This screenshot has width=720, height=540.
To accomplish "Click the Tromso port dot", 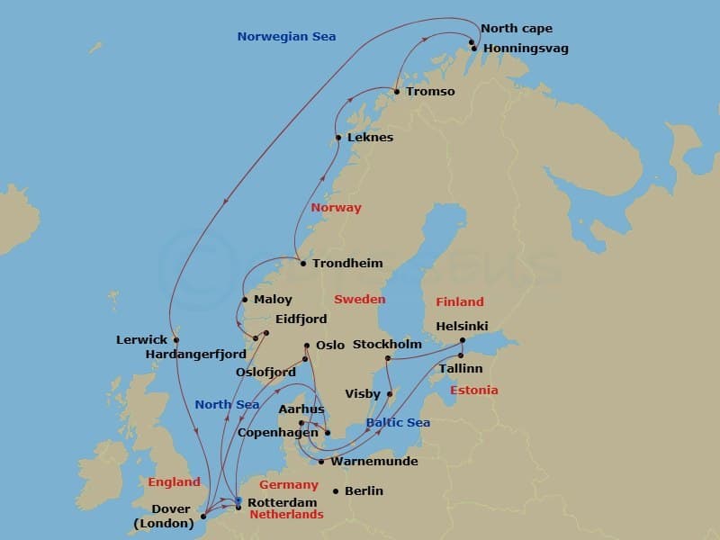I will pyautogui.click(x=396, y=91).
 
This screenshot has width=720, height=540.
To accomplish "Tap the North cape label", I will pyautogui.click(x=516, y=29).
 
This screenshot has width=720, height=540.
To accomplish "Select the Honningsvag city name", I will pyautogui.click(x=526, y=48).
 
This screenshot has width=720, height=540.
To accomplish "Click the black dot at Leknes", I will pyautogui.click(x=338, y=138).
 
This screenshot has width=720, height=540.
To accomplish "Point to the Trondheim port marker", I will pyautogui.click(x=303, y=264).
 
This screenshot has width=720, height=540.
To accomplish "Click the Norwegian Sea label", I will pyautogui.click(x=286, y=37).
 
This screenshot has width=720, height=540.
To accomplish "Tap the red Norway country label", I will pyautogui.click(x=336, y=208).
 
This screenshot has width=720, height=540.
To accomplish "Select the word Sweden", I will pyautogui.click(x=359, y=299).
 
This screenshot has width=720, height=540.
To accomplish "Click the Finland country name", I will pyautogui.click(x=459, y=301).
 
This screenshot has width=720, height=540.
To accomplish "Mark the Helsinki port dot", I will pyautogui.click(x=463, y=340).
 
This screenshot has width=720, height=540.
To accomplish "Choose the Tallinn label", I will pyautogui.click(x=460, y=368).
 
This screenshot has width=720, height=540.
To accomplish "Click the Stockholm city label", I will pyautogui.click(x=387, y=344).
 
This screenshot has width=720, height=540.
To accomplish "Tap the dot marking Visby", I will pyautogui.click(x=390, y=393).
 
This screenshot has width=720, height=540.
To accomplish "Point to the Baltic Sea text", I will pyautogui.click(x=398, y=422).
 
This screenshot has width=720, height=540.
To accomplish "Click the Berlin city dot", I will pyautogui.click(x=336, y=490).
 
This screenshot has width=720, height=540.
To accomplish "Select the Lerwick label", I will pyautogui.click(x=141, y=340).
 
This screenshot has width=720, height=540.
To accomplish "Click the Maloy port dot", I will pyautogui.click(x=245, y=300).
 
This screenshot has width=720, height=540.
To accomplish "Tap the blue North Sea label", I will pyautogui.click(x=227, y=404).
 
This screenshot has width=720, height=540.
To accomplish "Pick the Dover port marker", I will pyautogui.click(x=203, y=517).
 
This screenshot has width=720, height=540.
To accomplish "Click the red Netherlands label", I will pyautogui.click(x=285, y=515).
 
